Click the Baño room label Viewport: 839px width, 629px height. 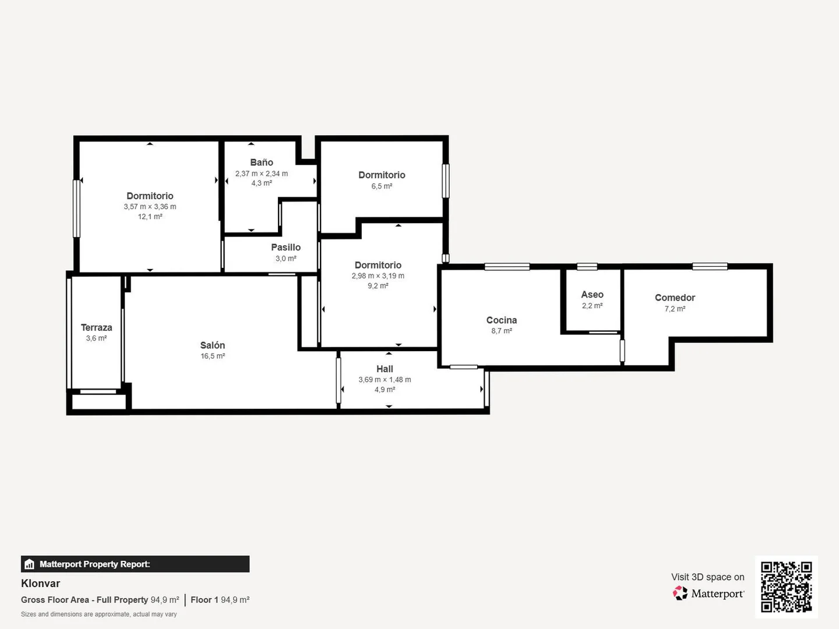point(262,162)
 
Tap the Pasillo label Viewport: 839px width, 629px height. point(286,247)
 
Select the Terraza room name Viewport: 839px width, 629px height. point(96,327)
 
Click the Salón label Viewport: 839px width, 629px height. point(213,345)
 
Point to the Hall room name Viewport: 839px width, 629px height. point(385,369)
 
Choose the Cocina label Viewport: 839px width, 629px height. point(502,320)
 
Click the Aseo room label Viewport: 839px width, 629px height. point(592,295)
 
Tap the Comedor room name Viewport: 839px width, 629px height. point(675,298)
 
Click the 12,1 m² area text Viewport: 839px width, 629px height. point(150,217)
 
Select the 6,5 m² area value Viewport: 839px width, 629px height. point(382,186)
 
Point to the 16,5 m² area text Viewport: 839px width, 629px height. point(213,356)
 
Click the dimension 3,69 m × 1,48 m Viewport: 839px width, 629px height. point(385,380)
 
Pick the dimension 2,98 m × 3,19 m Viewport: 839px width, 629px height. point(378,275)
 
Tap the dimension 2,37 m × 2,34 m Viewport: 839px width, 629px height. point(262,174)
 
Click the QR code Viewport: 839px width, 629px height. point(786,587)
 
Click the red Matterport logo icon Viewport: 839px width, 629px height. point(680,593)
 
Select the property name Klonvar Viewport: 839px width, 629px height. point(41,584)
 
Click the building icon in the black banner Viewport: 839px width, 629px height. point(30,564)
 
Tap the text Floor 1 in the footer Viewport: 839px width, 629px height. point(205,600)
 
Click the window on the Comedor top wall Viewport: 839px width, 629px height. point(710,266)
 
